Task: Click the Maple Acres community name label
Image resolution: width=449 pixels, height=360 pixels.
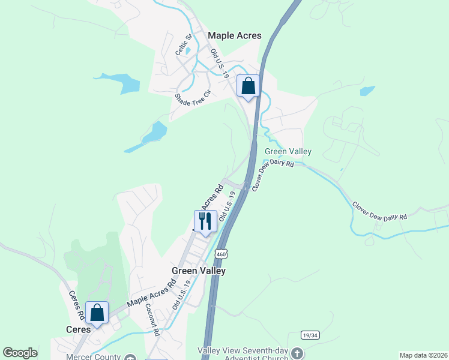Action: point(235,35)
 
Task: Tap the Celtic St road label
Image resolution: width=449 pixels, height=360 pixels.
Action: point(183,45)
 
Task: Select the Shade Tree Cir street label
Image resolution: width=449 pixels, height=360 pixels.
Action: point(193,98)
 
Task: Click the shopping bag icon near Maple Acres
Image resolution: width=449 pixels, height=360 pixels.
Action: point(248,86)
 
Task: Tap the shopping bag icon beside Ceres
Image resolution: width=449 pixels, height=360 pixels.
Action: point(97,312)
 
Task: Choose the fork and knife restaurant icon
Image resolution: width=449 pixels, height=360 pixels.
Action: point(205,221)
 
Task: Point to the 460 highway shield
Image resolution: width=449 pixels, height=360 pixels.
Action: point(221,253)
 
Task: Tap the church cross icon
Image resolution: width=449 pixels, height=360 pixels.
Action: point(297,353)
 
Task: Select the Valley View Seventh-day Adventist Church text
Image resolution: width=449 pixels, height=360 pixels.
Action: point(243,353)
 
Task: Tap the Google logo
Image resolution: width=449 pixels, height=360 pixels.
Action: point(20,353)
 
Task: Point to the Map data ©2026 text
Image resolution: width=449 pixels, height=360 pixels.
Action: point(423,355)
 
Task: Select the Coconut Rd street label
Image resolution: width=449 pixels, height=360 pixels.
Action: point(152,319)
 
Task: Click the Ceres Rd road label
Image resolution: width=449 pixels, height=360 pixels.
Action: point(76,305)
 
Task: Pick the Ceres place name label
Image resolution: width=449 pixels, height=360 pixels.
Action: point(78,329)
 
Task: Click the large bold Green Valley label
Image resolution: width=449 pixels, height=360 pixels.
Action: point(199,271)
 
